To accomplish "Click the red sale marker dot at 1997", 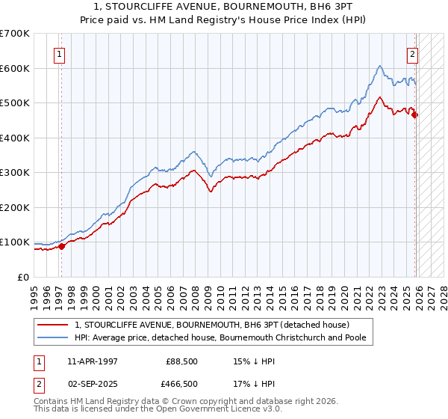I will pyautogui.click(x=62, y=246).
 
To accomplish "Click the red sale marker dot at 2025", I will pyautogui.click(x=415, y=114).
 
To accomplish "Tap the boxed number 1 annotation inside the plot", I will pyautogui.click(x=59, y=53).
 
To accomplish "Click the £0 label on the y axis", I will pyautogui.click(x=22, y=278).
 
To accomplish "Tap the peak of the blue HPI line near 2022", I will pyautogui.click(x=380, y=66).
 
